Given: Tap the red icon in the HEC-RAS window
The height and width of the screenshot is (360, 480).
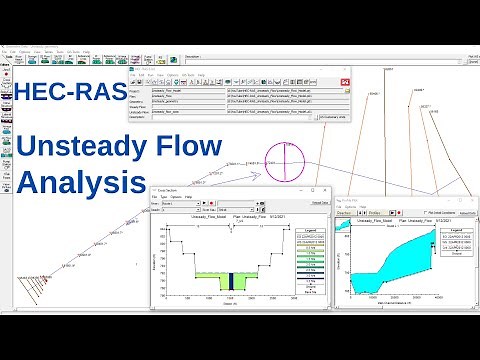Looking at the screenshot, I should tap(345, 82).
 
